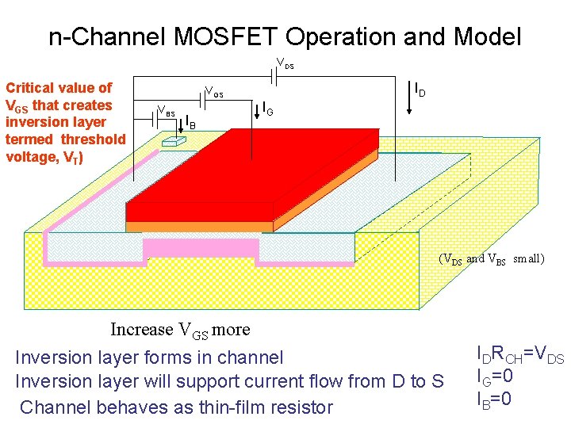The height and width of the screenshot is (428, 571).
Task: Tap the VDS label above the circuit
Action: click(x=284, y=64)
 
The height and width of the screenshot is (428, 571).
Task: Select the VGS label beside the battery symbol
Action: click(x=214, y=92)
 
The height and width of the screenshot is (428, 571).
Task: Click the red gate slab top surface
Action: click(x=262, y=170)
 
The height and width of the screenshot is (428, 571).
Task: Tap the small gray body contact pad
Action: click(x=171, y=141)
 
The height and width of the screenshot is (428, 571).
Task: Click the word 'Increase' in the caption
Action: click(x=141, y=330)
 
